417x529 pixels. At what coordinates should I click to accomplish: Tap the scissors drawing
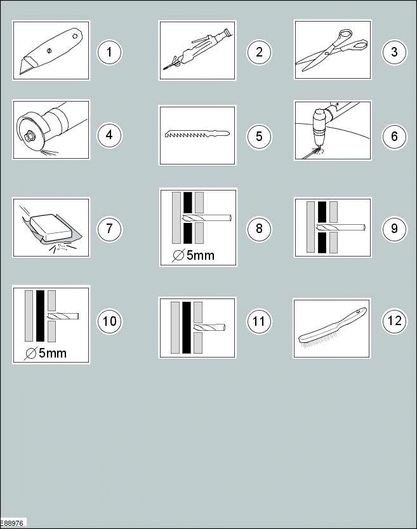point(332,50)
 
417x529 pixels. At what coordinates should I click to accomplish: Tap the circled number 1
point(109,52)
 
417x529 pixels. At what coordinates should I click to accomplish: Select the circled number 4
point(109,135)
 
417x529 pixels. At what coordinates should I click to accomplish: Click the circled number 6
point(394,137)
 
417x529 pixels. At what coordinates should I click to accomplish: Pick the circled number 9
point(394,229)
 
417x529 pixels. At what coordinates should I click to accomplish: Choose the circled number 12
point(394,321)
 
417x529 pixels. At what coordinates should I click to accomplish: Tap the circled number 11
point(259,321)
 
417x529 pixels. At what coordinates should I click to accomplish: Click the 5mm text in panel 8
point(200,255)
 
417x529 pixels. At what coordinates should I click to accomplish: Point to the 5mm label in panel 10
point(53,353)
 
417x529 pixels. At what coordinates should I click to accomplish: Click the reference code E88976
point(12,523)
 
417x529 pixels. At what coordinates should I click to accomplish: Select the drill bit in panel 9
point(341,227)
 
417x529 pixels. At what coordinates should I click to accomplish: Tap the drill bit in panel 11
point(209,327)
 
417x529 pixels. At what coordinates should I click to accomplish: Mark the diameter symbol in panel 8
point(178,256)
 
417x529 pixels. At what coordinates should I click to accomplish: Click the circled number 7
point(109,229)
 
